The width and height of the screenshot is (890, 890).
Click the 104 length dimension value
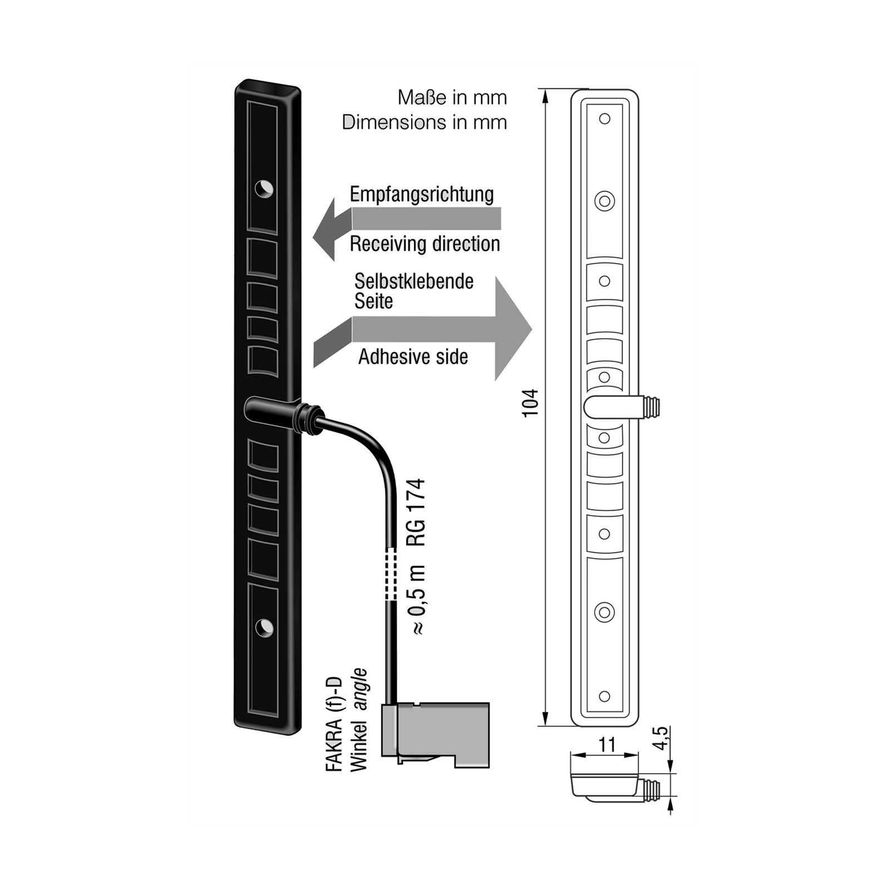531,403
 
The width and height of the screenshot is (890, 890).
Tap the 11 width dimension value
607,744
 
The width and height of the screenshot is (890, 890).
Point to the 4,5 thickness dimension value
660,738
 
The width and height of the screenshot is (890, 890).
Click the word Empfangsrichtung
422,194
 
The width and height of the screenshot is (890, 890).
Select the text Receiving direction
425,244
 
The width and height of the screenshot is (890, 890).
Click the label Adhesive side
413,357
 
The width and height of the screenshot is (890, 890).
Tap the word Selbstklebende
414,281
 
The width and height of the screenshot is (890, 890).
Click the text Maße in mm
452,98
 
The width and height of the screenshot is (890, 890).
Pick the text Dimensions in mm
424,122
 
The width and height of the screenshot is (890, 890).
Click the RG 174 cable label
416,512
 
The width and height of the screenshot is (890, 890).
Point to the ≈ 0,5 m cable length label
417,600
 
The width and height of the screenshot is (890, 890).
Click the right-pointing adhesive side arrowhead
513,329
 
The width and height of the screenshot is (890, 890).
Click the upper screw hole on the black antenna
264,189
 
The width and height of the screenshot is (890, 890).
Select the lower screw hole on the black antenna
264,628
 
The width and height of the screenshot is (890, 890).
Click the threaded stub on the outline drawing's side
650,407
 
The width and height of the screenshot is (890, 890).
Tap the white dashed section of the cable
392,573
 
